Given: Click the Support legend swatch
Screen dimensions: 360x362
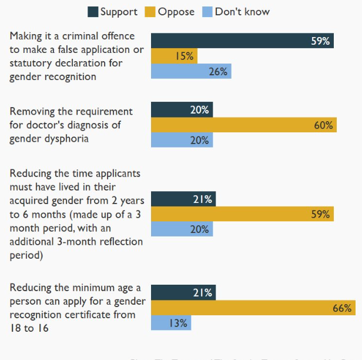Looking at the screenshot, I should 93,12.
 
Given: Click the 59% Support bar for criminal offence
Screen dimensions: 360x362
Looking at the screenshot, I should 242,41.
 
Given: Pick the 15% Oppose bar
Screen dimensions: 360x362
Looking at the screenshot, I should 174,56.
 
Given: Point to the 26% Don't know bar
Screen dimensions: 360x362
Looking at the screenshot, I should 191,71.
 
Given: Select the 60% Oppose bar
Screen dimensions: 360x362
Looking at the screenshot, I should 244,125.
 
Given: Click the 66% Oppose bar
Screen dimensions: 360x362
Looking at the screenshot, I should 253,308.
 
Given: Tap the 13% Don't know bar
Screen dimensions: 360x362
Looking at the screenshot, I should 171,323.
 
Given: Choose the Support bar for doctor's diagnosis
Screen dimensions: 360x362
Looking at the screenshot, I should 182,109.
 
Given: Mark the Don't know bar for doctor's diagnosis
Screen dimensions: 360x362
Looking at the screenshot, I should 182,140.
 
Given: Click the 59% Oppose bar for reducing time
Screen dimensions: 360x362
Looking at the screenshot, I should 242,214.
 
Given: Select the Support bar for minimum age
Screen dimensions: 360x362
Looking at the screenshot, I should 183,292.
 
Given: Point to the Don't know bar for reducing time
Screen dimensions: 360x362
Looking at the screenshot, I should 182,229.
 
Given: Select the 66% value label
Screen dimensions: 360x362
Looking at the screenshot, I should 343,308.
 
